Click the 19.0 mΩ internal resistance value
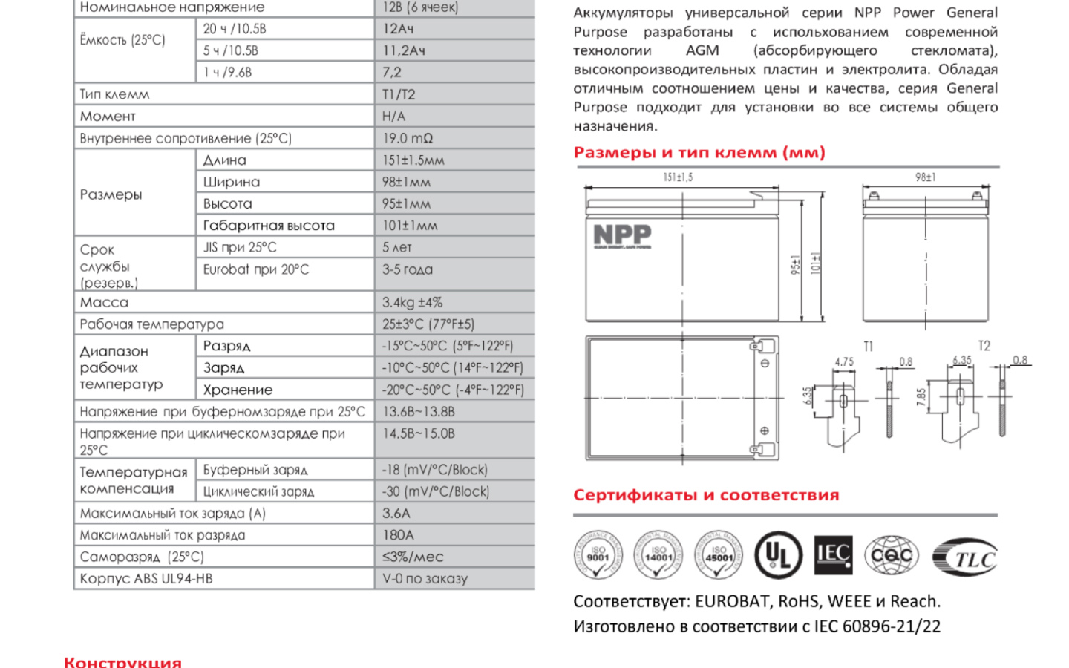[408, 138]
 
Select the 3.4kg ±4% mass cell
[412, 302]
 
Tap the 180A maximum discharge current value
[398, 535]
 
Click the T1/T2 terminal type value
[399, 94]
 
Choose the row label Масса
[104, 302]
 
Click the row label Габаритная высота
[269, 226]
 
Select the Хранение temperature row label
[238, 390]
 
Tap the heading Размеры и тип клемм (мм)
[699, 153]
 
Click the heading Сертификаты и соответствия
[706, 495]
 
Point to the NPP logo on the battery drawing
[622, 236]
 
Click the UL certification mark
[778, 555]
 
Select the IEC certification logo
[833, 554]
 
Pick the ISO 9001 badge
[598, 555]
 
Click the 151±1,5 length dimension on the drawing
[678, 177]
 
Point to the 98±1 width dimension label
[925, 177]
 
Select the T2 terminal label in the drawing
[984, 346]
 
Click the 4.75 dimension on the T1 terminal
[844, 362]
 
